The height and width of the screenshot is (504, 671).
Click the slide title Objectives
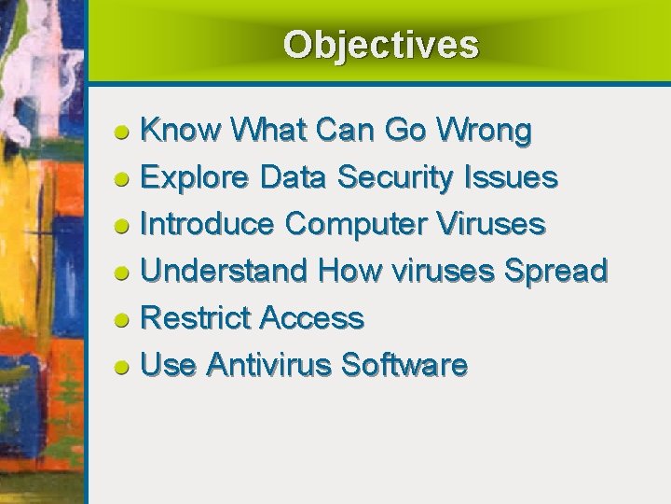(x=380, y=45)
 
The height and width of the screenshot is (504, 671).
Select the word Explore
(x=194, y=177)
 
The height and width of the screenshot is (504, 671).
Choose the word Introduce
(x=207, y=224)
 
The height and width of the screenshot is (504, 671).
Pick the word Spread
(x=555, y=271)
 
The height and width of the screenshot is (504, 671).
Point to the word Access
(x=311, y=318)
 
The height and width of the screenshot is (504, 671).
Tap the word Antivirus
(x=268, y=365)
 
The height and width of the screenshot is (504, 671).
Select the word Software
(x=404, y=365)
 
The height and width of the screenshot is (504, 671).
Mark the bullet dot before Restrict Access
(x=121, y=320)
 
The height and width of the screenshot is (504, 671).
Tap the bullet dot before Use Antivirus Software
(x=121, y=367)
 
